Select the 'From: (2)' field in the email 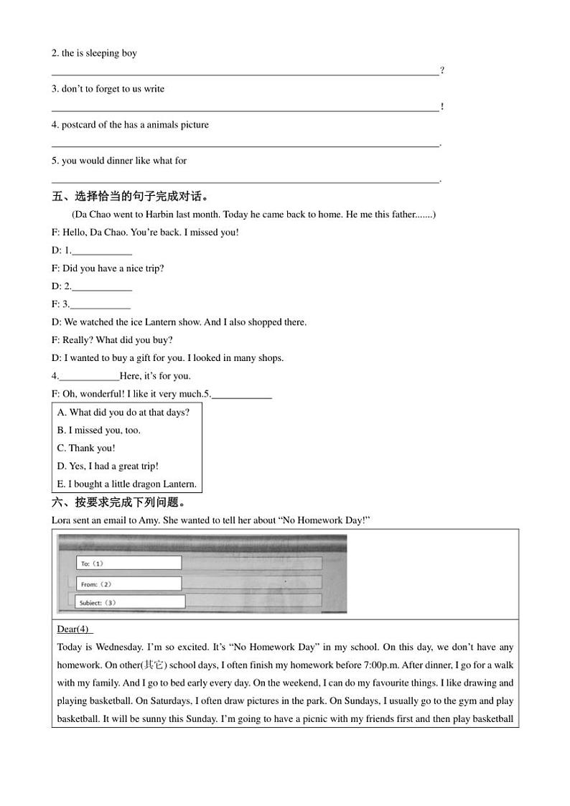pyautogui.click(x=129, y=584)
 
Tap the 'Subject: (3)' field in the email pyautogui.click(x=131, y=602)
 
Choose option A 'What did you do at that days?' pyautogui.click(x=123, y=413)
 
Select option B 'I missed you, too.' pyautogui.click(x=99, y=431)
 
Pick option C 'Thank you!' pyautogui.click(x=86, y=449)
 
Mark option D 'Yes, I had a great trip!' pyautogui.click(x=108, y=467)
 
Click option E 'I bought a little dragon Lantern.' pyautogui.click(x=127, y=484)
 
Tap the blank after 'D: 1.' pyautogui.click(x=102, y=251)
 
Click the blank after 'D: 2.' pyautogui.click(x=102, y=287)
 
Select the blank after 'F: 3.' pyautogui.click(x=101, y=305)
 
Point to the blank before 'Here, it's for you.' pyautogui.click(x=89, y=377)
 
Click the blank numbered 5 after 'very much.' pyautogui.click(x=242, y=395)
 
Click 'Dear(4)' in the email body pyautogui.click(x=73, y=629)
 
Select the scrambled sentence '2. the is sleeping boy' pyautogui.click(x=94, y=53)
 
